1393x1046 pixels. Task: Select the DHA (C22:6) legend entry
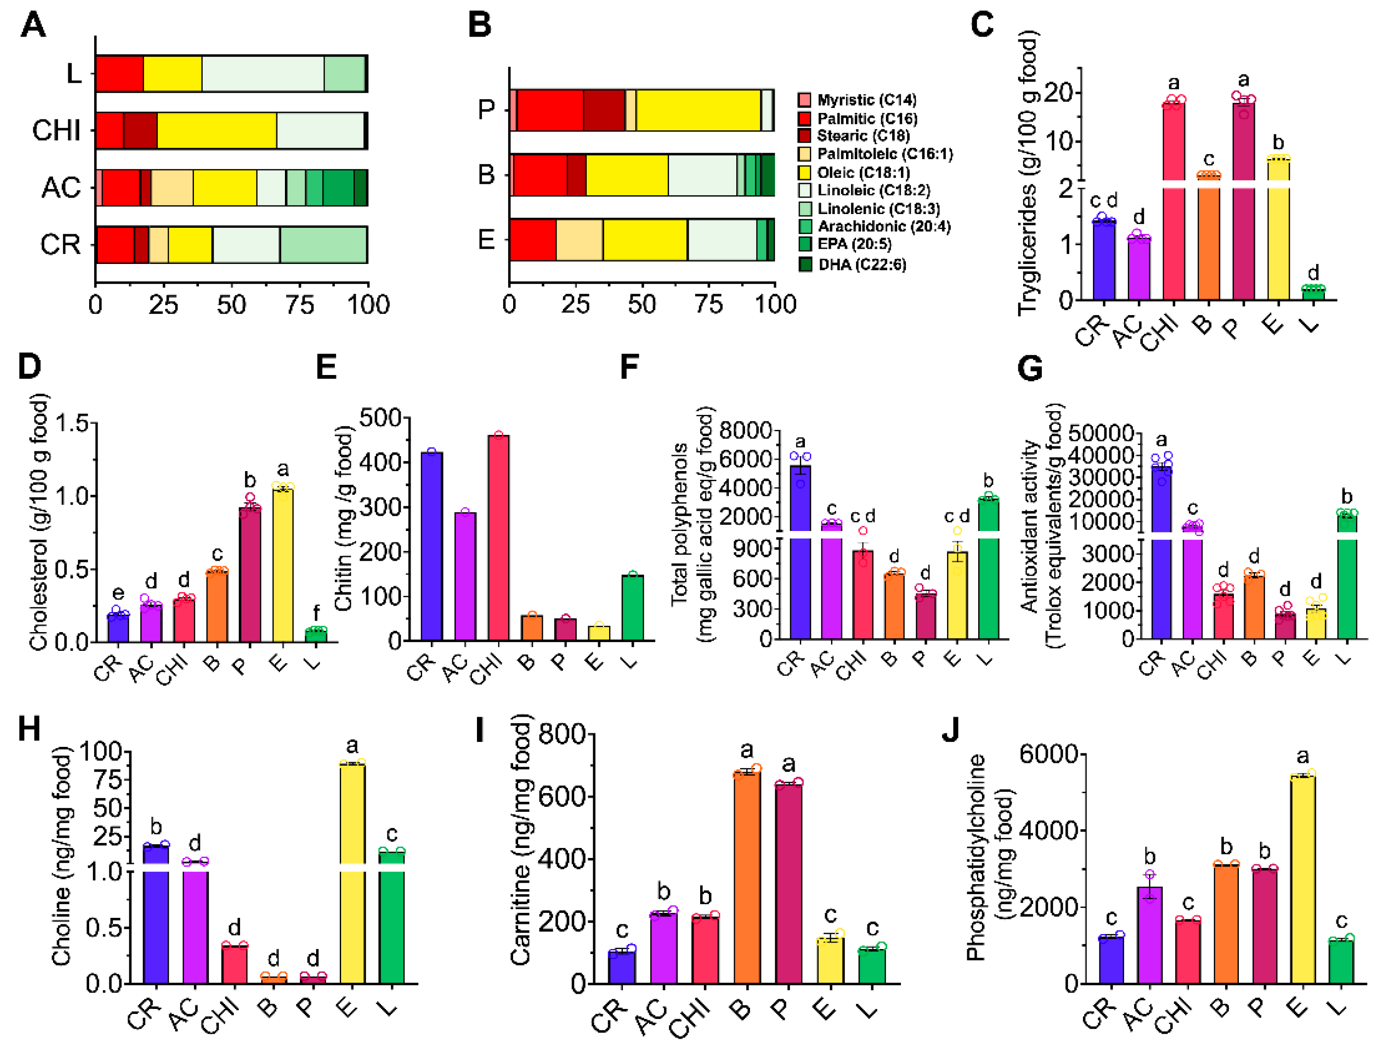pyautogui.click(x=862, y=264)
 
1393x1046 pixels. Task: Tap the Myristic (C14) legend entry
pyautogui.click(x=866, y=100)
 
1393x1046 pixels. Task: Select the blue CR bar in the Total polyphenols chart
pyautogui.click(x=800, y=554)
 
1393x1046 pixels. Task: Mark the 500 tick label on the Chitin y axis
pyautogui.click(x=380, y=418)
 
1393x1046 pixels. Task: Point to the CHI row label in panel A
pyautogui.click(x=57, y=130)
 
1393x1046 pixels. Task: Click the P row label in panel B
pyautogui.click(x=486, y=110)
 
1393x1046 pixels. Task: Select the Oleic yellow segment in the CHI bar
pyautogui.click(x=217, y=130)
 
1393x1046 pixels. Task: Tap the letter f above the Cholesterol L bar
pyautogui.click(x=316, y=612)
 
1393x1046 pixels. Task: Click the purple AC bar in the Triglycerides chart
pyautogui.click(x=1139, y=268)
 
